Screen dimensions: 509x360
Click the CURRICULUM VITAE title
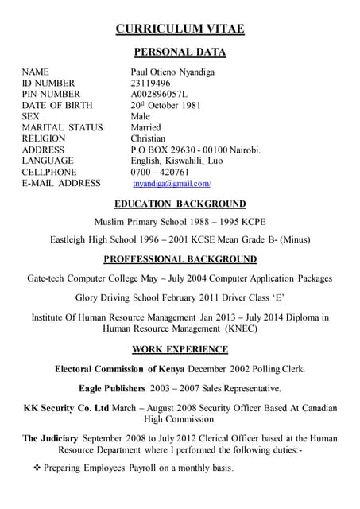[180, 29]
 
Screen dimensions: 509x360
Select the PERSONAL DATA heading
[180, 52]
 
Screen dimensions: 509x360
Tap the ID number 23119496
[150, 83]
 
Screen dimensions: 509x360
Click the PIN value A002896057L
[161, 94]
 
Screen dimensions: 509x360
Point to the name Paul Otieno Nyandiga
[172, 72]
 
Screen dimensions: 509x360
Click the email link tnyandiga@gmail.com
[165, 184]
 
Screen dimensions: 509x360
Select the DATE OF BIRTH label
[57, 105]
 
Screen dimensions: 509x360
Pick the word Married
[145, 127]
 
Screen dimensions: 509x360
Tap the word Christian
[148, 138]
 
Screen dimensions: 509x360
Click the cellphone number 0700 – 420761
[160, 172]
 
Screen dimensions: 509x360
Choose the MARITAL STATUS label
[62, 127]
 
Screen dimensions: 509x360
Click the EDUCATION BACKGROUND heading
[180, 204]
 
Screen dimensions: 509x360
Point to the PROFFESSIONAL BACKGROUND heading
[180, 259]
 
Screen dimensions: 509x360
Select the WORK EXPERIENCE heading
[180, 349]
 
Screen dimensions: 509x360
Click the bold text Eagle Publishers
[112, 388]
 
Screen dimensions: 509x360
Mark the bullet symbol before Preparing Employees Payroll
[37, 468]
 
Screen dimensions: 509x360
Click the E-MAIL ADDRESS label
[61, 183]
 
